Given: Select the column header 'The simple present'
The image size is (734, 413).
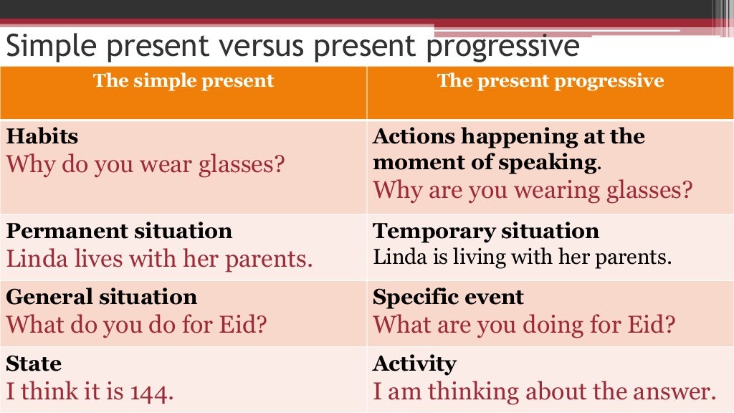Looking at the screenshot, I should pyautogui.click(x=183, y=80).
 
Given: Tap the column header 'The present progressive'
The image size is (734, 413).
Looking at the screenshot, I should pyautogui.click(x=550, y=80).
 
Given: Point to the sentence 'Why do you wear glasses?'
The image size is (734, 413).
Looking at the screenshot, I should pyautogui.click(x=146, y=164).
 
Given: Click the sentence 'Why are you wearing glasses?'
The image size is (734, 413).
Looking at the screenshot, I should pyautogui.click(x=533, y=190).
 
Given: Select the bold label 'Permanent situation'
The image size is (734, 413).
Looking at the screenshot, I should pyautogui.click(x=119, y=231).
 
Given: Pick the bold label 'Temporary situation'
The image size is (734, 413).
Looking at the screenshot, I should pyautogui.click(x=486, y=231).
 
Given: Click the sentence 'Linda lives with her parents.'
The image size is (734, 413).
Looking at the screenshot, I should pyautogui.click(x=159, y=258).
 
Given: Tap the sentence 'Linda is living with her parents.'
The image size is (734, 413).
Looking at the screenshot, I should pyautogui.click(x=522, y=257).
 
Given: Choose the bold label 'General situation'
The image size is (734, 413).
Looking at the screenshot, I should pyautogui.click(x=101, y=297).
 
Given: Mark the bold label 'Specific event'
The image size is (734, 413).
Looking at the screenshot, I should pyautogui.click(x=448, y=297).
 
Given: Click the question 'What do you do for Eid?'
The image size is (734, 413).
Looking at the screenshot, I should pyautogui.click(x=137, y=325).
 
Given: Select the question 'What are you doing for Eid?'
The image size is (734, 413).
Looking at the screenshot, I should pyautogui.click(x=524, y=325).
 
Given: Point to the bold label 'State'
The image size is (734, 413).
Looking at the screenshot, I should pyautogui.click(x=34, y=364).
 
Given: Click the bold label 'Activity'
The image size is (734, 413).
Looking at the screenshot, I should pyautogui.click(x=414, y=364).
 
